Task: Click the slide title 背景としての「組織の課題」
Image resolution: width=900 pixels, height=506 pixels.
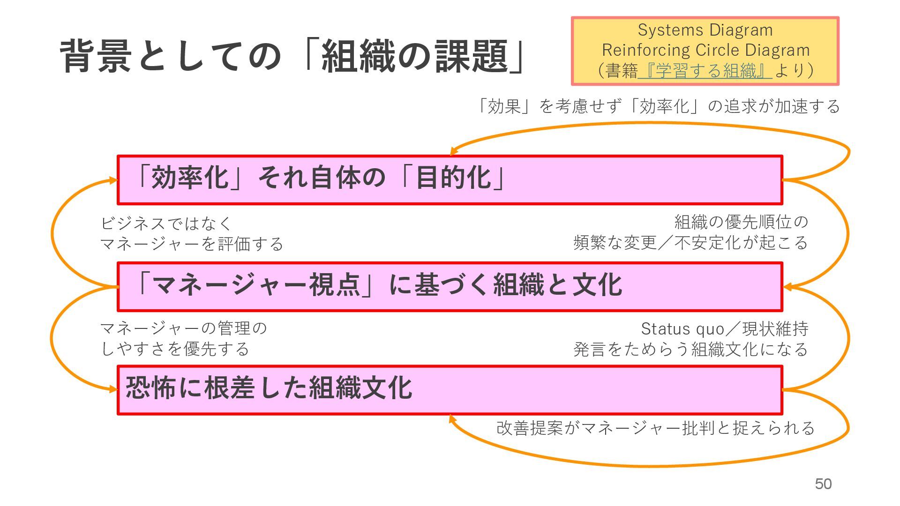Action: coord(293,56)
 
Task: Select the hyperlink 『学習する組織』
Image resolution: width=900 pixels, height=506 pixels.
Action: coord(705,71)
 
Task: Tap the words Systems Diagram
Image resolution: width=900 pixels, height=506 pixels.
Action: coord(705,30)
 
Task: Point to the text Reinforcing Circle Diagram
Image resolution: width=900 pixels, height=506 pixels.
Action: coord(705,50)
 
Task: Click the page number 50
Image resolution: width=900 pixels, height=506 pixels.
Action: coord(823,484)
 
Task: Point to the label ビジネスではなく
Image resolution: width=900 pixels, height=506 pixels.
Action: coord(166,223)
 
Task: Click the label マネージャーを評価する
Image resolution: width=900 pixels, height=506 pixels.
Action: coord(192,244)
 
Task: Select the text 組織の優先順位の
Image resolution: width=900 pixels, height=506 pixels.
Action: coord(741,222)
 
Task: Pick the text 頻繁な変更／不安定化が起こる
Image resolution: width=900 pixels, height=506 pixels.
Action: coord(690,243)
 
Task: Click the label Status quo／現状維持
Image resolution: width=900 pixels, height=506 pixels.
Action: coord(724,329)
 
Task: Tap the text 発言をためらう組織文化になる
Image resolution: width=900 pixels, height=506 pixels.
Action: coord(690,350)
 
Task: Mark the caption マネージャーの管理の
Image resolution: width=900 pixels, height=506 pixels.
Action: coord(183,328)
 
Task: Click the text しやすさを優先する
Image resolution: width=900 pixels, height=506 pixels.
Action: coord(174,349)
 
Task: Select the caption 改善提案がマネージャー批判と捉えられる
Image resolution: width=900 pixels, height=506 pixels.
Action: coord(655,428)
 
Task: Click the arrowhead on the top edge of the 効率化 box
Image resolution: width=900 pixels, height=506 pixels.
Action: coord(453,152)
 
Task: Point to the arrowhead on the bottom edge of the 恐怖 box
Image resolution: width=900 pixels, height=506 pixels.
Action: coord(452,418)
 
